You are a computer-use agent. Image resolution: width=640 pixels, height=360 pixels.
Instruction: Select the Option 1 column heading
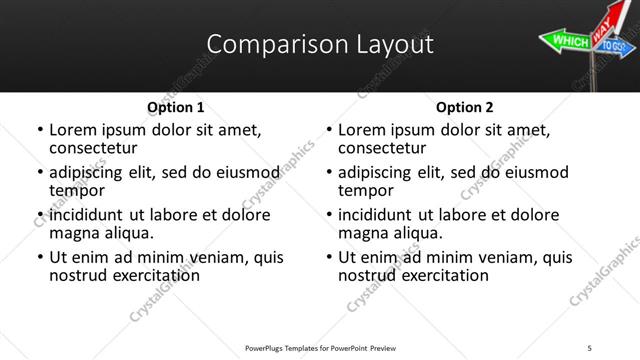(175, 107)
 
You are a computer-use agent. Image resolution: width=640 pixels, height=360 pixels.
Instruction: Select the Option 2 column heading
(465, 107)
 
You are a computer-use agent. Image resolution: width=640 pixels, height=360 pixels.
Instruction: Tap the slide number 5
(590, 347)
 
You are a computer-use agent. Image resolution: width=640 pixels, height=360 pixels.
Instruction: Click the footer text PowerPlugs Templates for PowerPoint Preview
(320, 347)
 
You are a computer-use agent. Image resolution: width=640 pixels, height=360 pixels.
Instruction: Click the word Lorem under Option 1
(75, 130)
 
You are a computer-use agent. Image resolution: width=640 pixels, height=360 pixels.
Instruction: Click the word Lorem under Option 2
(364, 130)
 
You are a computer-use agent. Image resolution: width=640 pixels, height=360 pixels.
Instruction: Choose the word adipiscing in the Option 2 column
(378, 172)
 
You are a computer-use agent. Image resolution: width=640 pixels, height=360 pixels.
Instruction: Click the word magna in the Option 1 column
(74, 233)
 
